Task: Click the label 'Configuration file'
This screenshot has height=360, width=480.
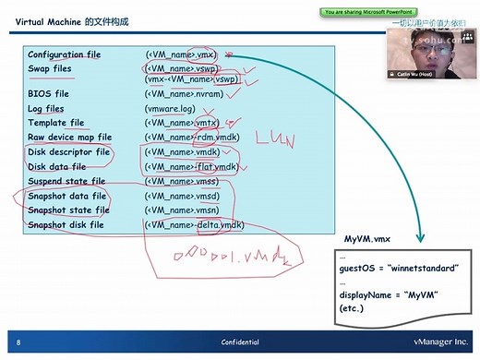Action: tap(64, 55)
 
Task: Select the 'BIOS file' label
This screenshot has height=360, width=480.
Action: tap(49, 94)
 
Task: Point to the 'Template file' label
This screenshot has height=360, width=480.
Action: tap(55, 123)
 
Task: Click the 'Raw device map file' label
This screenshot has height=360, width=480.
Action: tap(69, 137)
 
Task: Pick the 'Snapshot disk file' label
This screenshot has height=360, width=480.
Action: tap(66, 225)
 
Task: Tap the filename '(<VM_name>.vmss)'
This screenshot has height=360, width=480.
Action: tap(183, 182)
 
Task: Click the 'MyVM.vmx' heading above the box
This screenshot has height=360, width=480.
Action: tap(368, 240)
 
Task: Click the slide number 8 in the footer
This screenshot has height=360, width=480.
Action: tap(18, 341)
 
